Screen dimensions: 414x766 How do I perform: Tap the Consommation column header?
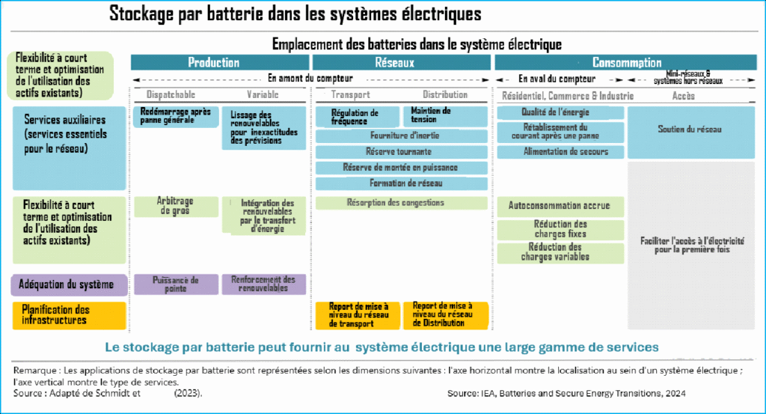tap(626, 63)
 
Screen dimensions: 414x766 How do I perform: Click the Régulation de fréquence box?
tap(357, 117)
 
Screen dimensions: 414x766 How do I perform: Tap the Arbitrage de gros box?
tap(174, 206)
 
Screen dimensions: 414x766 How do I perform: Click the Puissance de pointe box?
tap(175, 284)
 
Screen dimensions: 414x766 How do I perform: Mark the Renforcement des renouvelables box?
tap(263, 284)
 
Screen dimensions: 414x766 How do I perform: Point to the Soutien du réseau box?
tap(690, 130)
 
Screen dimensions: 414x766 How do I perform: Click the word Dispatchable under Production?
tap(171, 95)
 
